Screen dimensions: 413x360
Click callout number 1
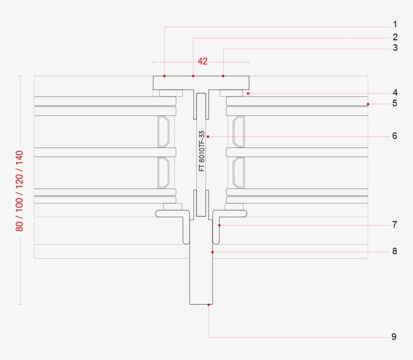pos(395,24)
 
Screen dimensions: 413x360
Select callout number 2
pos(395,37)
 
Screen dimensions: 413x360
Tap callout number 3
pos(395,48)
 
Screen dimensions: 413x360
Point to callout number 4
pos(395,93)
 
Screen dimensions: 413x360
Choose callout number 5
pos(395,104)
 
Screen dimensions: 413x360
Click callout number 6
pos(395,136)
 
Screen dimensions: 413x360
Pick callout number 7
pos(395,225)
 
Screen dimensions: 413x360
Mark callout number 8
pos(395,251)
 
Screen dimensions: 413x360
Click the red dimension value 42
pos(202,61)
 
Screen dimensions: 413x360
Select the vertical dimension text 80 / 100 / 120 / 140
pos(20,191)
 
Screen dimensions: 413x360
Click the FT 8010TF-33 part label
pos(201,151)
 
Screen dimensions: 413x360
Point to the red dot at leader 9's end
pos(209,304)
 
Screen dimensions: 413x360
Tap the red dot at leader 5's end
pos(368,104)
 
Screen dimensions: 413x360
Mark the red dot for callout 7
pos(220,225)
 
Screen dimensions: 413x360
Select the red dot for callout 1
pos(165,76)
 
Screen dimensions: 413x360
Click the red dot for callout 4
pos(249,93)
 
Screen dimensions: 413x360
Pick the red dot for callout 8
pos(213,251)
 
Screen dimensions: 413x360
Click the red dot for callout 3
pos(223,76)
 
